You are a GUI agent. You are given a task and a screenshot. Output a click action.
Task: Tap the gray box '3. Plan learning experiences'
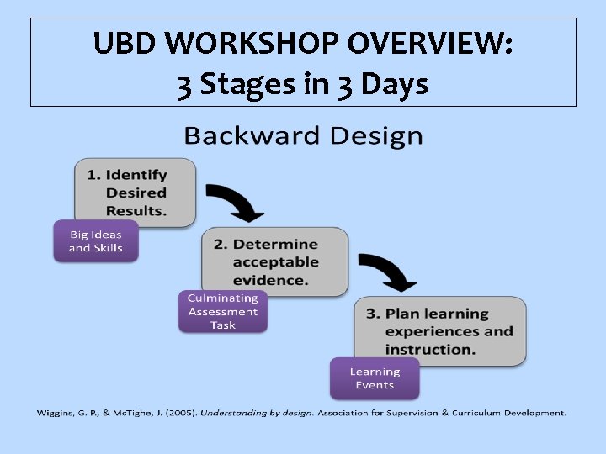(439, 330)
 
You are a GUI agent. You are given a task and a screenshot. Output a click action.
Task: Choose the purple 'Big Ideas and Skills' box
(95, 241)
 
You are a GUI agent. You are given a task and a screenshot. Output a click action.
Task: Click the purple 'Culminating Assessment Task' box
(222, 312)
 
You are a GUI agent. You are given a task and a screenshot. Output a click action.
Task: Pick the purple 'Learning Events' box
(374, 378)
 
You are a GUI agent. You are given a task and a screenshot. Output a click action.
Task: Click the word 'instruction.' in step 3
(431, 349)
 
